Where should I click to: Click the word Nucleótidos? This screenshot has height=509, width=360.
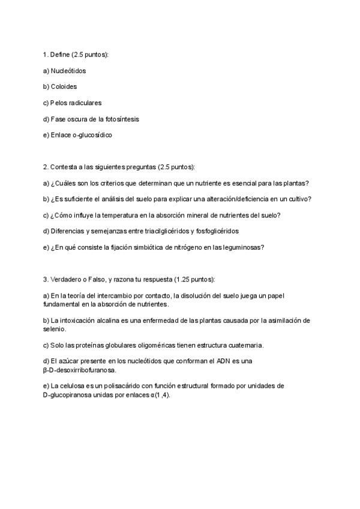click(68, 71)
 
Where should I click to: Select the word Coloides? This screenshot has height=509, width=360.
click(64, 87)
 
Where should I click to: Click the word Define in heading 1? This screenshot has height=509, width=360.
click(59, 55)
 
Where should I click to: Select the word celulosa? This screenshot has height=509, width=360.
click(73, 386)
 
